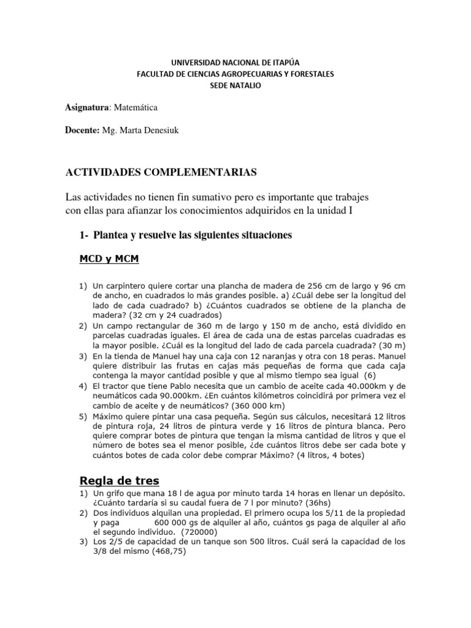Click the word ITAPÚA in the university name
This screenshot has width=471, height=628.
pos(286,62)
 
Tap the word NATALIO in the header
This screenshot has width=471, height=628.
pos(247,85)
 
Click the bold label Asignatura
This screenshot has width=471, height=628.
pos(86,107)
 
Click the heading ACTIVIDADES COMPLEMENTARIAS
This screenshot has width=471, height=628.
pos(161,172)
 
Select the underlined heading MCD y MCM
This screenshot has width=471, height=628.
pos(109,260)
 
